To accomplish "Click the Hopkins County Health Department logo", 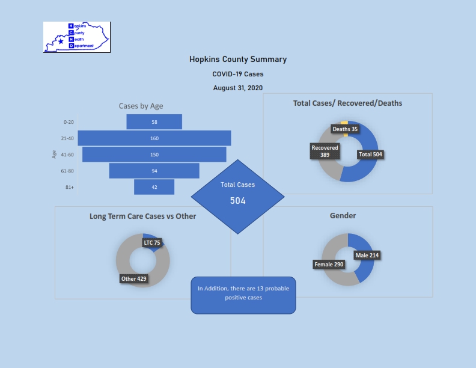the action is click(x=77, y=37).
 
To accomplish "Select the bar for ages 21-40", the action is click(x=154, y=138).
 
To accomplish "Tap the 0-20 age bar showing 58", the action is click(x=154, y=121).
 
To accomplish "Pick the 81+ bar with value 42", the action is click(x=154, y=187).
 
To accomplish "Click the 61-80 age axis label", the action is click(x=67, y=171).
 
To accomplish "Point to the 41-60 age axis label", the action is click(x=67, y=155).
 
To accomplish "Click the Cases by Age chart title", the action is click(x=141, y=106).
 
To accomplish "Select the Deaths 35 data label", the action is click(x=345, y=129).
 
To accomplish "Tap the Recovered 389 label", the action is click(x=325, y=151).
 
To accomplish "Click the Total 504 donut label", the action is click(x=370, y=155).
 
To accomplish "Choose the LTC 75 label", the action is click(x=152, y=242).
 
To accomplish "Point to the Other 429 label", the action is click(x=134, y=279).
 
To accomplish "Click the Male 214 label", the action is click(x=367, y=256).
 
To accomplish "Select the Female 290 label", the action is click(x=329, y=265).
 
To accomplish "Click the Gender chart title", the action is click(x=343, y=216).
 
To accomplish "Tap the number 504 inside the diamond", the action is click(x=237, y=201).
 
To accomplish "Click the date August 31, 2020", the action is click(x=238, y=88).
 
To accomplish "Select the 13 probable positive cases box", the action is click(x=243, y=295).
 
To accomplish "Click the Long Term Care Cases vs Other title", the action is click(x=142, y=216).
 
